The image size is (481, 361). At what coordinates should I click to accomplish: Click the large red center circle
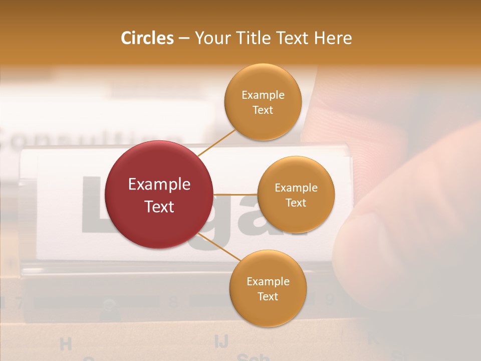159,195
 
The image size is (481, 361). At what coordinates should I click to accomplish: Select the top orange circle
263,102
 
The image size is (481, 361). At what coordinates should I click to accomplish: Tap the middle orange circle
296,195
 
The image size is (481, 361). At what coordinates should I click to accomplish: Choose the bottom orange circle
268,288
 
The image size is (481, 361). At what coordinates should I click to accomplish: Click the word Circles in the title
147,38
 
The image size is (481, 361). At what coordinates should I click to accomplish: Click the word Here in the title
333,38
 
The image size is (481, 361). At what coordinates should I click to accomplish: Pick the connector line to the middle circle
235,194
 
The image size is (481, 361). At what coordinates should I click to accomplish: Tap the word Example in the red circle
159,184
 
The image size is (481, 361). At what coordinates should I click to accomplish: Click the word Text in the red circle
159,206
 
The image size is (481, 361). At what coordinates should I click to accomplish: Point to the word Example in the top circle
263,95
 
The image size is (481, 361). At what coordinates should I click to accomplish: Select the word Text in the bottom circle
268,296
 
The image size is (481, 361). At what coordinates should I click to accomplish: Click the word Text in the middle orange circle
296,203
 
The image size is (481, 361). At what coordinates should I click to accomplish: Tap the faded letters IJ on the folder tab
221,341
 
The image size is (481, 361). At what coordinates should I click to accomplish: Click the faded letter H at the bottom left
66,344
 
